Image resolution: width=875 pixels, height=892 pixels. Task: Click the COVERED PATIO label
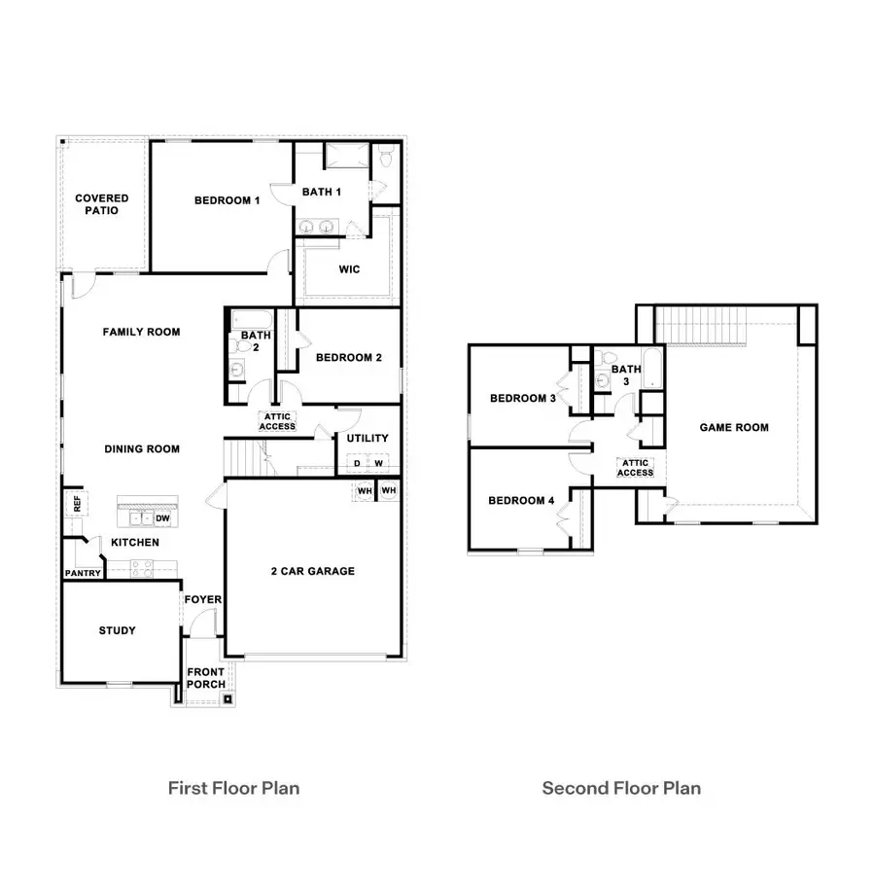102,204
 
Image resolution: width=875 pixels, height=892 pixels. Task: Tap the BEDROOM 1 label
227,200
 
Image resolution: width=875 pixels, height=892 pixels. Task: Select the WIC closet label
349,269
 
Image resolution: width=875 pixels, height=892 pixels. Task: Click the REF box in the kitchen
75,504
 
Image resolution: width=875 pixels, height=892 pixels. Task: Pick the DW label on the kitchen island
163,518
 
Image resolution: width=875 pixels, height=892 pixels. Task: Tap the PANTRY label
83,573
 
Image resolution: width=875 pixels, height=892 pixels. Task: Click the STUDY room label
117,630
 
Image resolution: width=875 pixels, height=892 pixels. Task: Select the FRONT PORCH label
206,678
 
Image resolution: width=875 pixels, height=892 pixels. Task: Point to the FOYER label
204,600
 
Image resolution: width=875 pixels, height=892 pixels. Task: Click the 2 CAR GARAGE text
312,571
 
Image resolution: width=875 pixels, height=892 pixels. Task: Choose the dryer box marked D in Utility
357,463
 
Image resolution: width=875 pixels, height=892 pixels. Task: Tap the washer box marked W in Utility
377,463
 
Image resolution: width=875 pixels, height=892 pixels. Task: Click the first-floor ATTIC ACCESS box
277,421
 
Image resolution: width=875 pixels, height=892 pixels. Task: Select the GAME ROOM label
734,427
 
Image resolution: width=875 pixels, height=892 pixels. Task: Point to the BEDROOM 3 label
522,398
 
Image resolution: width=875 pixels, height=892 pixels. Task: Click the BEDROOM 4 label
521,500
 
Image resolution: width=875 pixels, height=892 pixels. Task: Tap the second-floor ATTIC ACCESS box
636,468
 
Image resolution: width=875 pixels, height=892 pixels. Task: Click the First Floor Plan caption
233,788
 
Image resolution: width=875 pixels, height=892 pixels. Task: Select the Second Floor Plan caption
620,788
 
